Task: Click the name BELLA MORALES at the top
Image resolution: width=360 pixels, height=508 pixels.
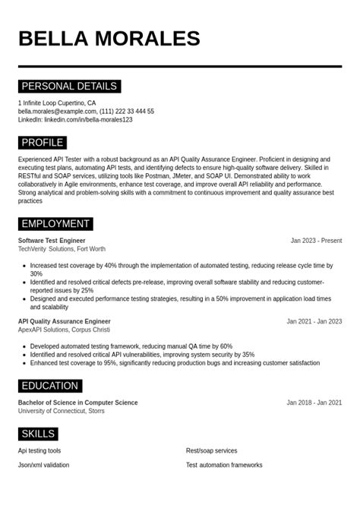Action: tap(109, 39)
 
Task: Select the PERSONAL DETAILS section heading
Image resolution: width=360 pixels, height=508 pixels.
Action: tap(69, 87)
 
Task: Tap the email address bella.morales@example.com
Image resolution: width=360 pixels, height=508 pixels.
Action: tap(57, 112)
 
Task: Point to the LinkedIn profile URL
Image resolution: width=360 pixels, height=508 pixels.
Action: tap(88, 120)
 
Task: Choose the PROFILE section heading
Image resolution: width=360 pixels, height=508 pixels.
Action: tap(43, 143)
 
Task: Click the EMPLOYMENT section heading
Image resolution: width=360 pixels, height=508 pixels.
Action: tap(55, 224)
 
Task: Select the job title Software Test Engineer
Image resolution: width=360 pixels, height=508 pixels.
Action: tap(52, 241)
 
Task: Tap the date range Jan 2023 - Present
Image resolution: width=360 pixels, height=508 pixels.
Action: tap(316, 241)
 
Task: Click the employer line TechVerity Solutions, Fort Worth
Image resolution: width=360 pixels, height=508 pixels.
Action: tap(62, 249)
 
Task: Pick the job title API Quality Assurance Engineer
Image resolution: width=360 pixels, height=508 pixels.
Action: tap(65, 321)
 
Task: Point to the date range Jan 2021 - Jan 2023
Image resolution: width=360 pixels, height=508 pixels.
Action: tap(314, 321)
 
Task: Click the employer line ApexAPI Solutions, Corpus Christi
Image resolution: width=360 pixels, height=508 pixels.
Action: tap(64, 330)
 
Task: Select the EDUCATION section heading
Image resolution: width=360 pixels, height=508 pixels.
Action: tap(50, 386)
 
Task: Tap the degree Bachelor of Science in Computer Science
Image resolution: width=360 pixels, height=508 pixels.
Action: tap(78, 402)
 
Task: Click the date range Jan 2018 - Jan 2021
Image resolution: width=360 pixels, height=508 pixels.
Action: tap(314, 402)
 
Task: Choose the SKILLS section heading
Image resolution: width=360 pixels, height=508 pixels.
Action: tap(38, 434)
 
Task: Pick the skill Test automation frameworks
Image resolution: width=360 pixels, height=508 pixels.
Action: tap(224, 465)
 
